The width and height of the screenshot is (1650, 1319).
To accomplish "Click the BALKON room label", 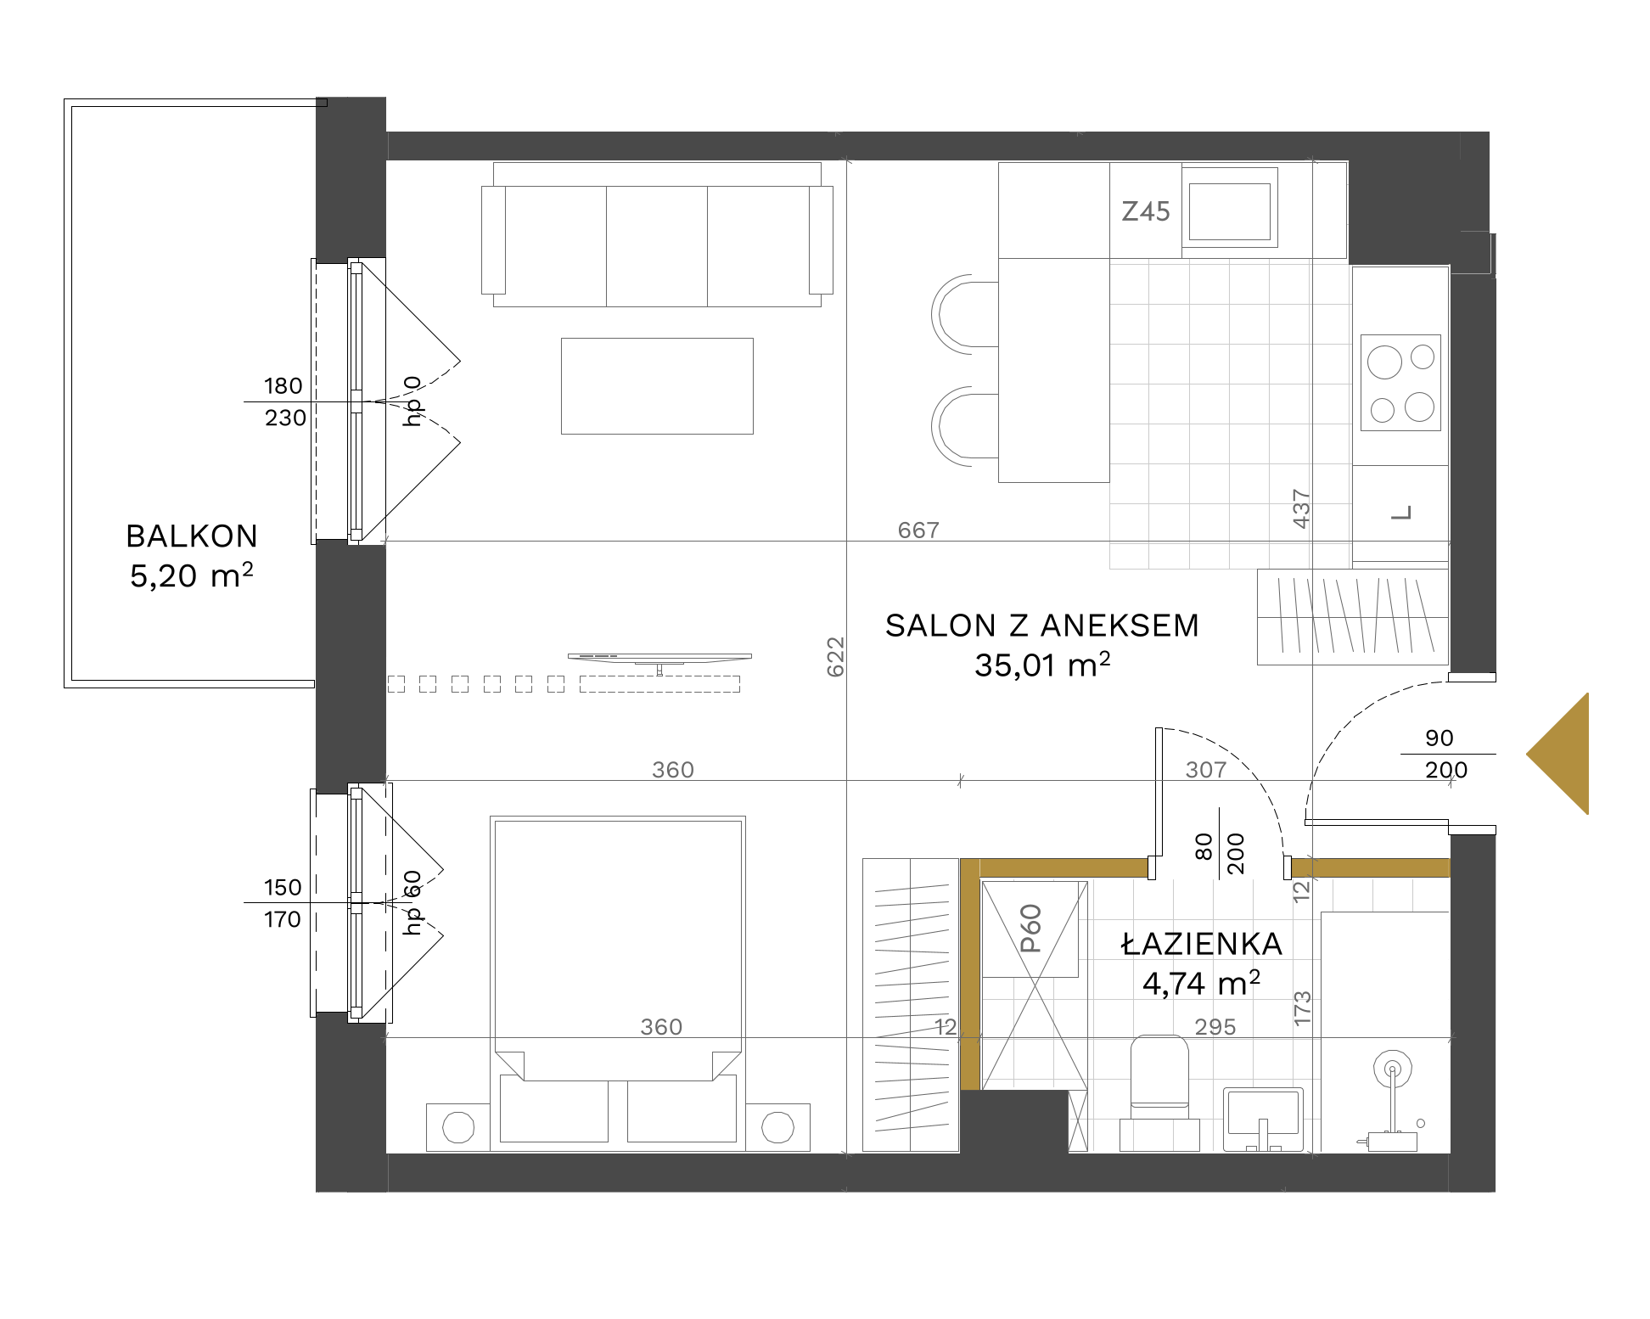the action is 192,536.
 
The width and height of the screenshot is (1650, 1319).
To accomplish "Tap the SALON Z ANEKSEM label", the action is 1042,626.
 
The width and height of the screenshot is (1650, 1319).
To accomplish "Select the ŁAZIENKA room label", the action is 1202,944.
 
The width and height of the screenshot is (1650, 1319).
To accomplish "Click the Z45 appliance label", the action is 1146,211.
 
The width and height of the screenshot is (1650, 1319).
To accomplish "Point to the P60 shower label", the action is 1030,929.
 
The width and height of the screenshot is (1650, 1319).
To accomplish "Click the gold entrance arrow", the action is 1557,754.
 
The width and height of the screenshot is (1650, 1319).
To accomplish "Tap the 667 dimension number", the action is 918,530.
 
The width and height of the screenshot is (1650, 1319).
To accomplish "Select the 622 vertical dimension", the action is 836,657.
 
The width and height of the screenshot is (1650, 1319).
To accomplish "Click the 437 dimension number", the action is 1301,509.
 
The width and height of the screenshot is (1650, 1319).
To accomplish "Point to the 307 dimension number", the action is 1206,770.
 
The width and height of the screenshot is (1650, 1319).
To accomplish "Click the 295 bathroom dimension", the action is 1215,1027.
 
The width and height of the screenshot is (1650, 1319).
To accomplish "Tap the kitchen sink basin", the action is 1230,211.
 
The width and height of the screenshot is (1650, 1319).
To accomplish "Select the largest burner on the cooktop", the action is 1384,362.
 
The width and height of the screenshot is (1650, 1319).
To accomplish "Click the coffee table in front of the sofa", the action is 657,386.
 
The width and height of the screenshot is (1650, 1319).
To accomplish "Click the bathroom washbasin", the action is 1263,1119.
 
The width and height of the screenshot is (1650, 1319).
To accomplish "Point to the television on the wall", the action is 659,658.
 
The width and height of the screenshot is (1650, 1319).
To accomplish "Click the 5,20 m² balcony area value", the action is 192,575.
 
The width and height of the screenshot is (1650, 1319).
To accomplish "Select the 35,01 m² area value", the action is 1042,665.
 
